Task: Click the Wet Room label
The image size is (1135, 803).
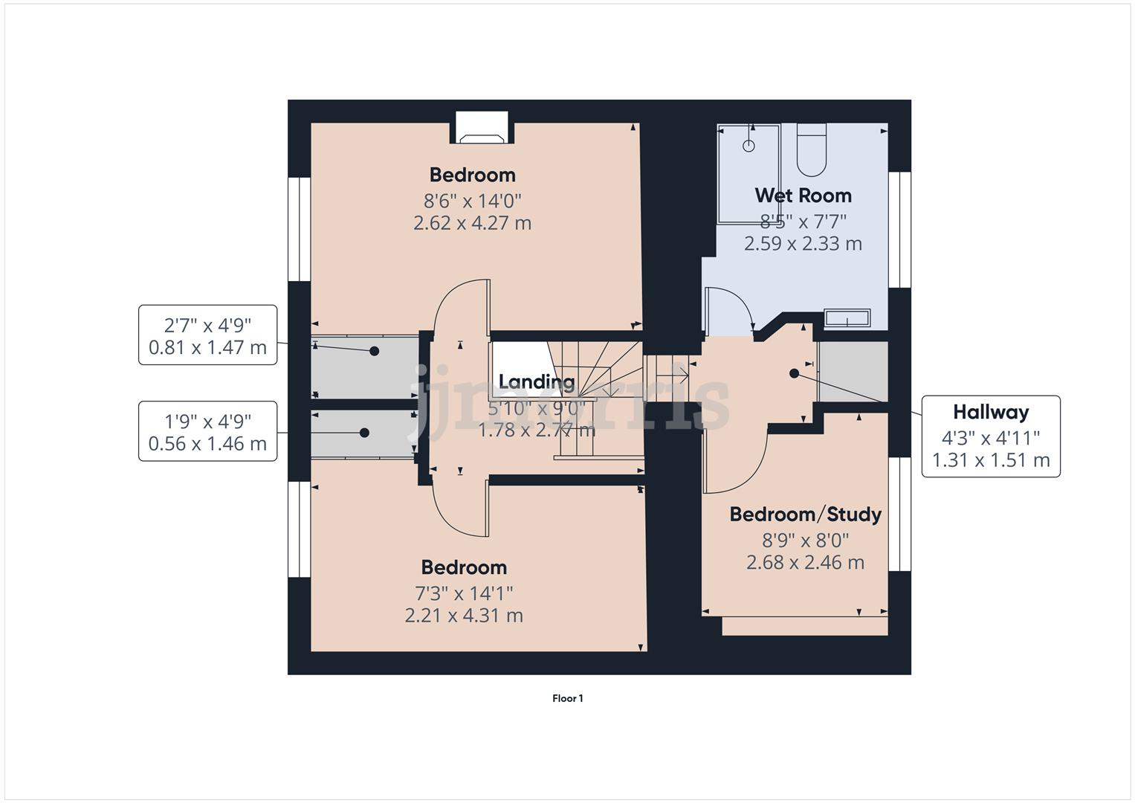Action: pyautogui.click(x=803, y=196)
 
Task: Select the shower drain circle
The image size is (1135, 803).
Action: pyautogui.click(x=748, y=146)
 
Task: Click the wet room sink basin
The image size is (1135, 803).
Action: pyautogui.click(x=847, y=319)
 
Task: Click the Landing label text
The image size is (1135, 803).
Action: pyautogui.click(x=536, y=382)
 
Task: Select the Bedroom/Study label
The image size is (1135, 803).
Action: pyautogui.click(x=805, y=515)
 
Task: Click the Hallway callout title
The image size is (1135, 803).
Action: pyautogui.click(x=991, y=412)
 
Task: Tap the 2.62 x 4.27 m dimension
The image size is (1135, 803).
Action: pyautogui.click(x=472, y=223)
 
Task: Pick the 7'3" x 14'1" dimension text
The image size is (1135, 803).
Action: pyautogui.click(x=464, y=593)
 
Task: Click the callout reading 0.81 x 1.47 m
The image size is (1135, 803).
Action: pyautogui.click(x=207, y=347)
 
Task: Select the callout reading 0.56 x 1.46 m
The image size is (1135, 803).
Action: pyautogui.click(x=207, y=444)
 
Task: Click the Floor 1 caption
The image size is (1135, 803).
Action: pyautogui.click(x=567, y=698)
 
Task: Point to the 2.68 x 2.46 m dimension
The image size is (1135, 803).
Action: pyautogui.click(x=805, y=563)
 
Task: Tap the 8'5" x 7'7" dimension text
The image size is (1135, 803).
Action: pyautogui.click(x=803, y=222)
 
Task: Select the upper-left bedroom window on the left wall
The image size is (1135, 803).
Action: pyautogui.click(x=299, y=229)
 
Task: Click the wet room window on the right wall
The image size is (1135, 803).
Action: pyautogui.click(x=899, y=230)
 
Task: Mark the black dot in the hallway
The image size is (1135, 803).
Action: pyautogui.click(x=794, y=373)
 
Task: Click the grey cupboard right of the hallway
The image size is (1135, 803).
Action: pyautogui.click(x=853, y=372)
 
